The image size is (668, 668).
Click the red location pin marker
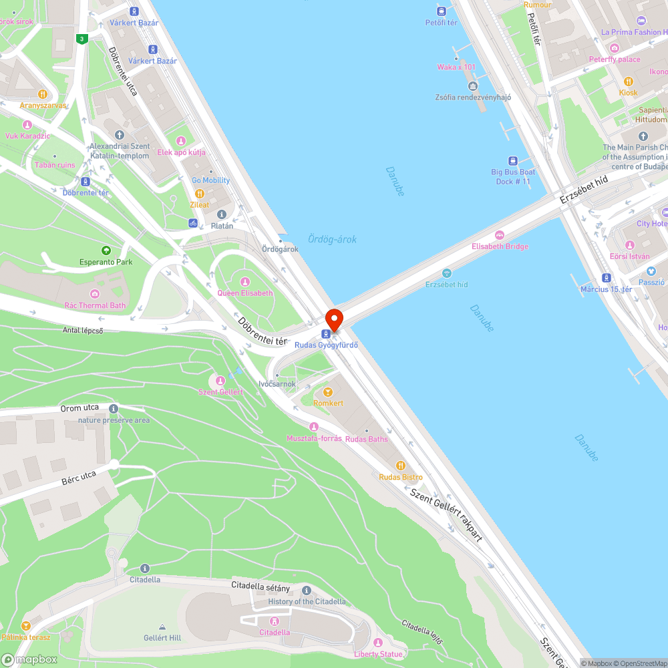coord(333,319)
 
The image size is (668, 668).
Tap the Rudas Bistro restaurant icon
coord(400,465)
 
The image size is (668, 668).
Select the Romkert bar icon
coord(328,392)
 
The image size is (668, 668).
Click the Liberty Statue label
coord(378,654)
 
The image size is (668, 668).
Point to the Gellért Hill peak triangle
coord(162,627)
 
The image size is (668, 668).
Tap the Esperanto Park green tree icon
coord(106,251)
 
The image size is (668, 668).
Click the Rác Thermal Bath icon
coord(95,294)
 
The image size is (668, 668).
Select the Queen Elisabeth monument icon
coord(245,282)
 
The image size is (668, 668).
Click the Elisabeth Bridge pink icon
coord(500,235)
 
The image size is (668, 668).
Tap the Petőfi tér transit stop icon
coord(441,11)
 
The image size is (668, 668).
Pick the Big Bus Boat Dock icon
coord(512,160)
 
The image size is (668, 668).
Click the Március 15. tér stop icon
coord(606,278)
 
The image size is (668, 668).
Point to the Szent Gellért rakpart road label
coord(446,515)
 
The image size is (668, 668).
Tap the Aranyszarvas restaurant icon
coord(43,94)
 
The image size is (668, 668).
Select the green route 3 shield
coord(81,39)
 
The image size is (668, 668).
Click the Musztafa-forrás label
coord(314,438)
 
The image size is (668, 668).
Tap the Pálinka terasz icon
coord(26,626)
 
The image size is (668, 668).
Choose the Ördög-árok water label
coord(333,239)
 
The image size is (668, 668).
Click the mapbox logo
coord(29,659)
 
